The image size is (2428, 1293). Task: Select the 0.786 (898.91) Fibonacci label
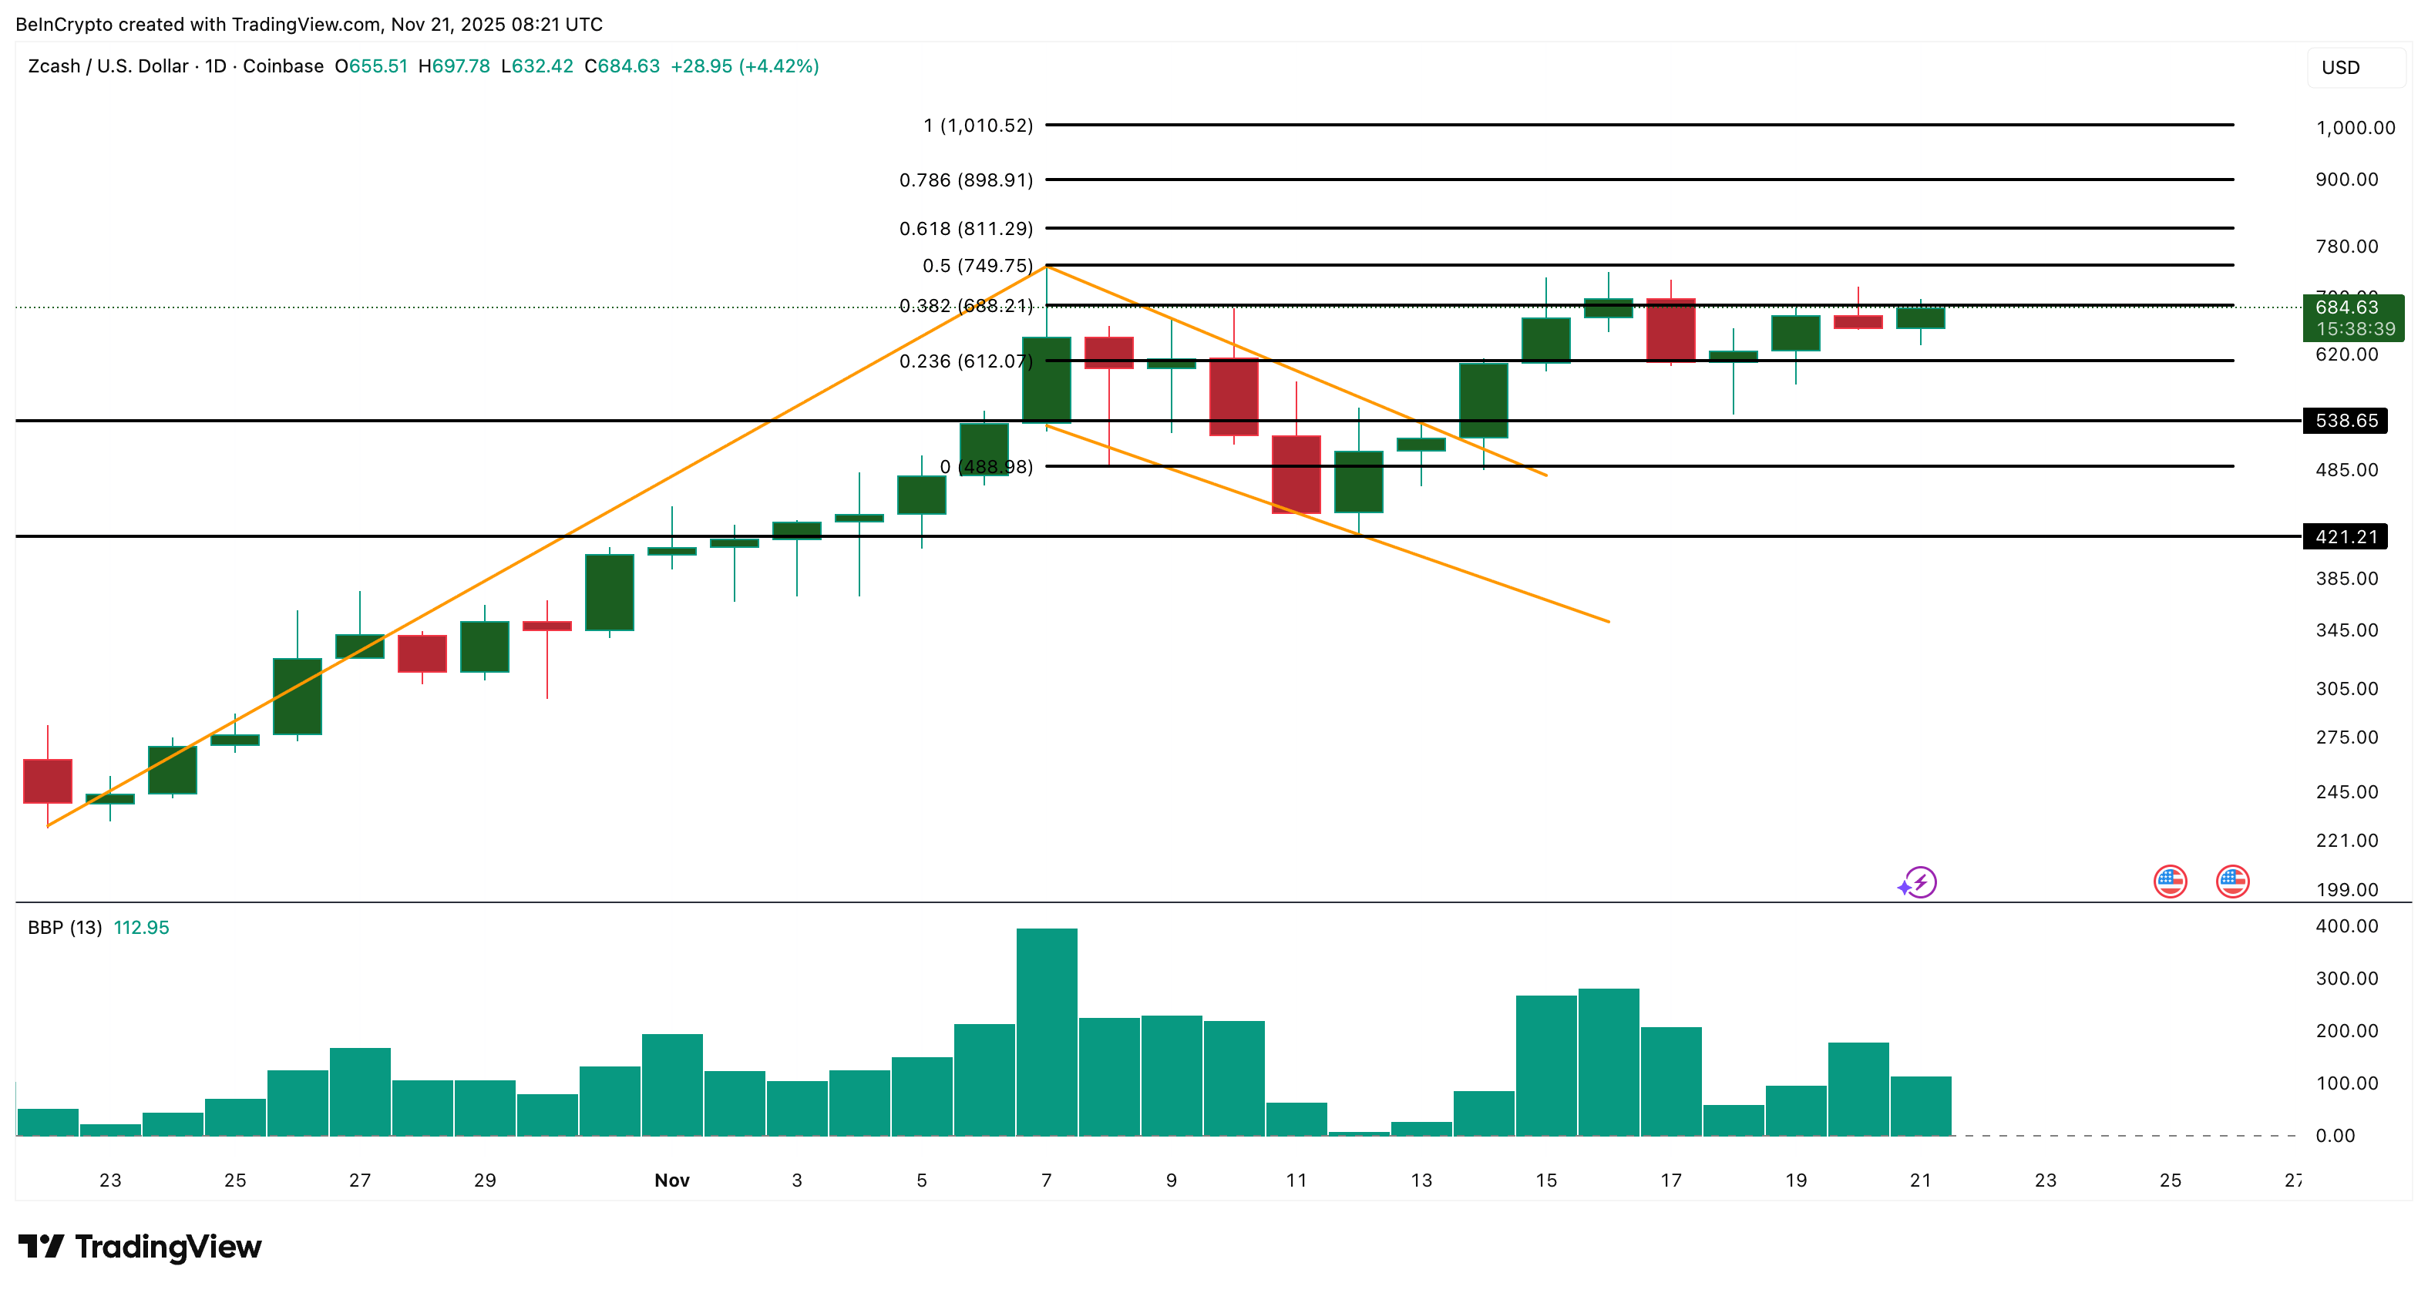[965, 180]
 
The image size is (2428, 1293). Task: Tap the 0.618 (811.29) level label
[965, 229]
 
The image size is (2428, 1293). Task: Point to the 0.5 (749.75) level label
[977, 266]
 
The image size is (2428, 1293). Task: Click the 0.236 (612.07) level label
[965, 362]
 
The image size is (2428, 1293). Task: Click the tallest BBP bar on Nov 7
[1046, 1031]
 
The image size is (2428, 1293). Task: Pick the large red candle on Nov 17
[1670, 330]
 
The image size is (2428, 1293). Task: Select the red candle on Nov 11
[1296, 475]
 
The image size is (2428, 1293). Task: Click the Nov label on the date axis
[672, 1180]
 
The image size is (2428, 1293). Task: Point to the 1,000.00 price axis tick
[2355, 128]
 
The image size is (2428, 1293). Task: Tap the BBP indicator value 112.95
[141, 929]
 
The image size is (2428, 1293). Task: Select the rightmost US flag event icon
[2232, 882]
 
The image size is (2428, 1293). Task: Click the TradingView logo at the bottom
[140, 1247]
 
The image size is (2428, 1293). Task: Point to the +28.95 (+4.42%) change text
[745, 67]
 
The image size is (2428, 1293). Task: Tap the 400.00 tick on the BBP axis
[2346, 926]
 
